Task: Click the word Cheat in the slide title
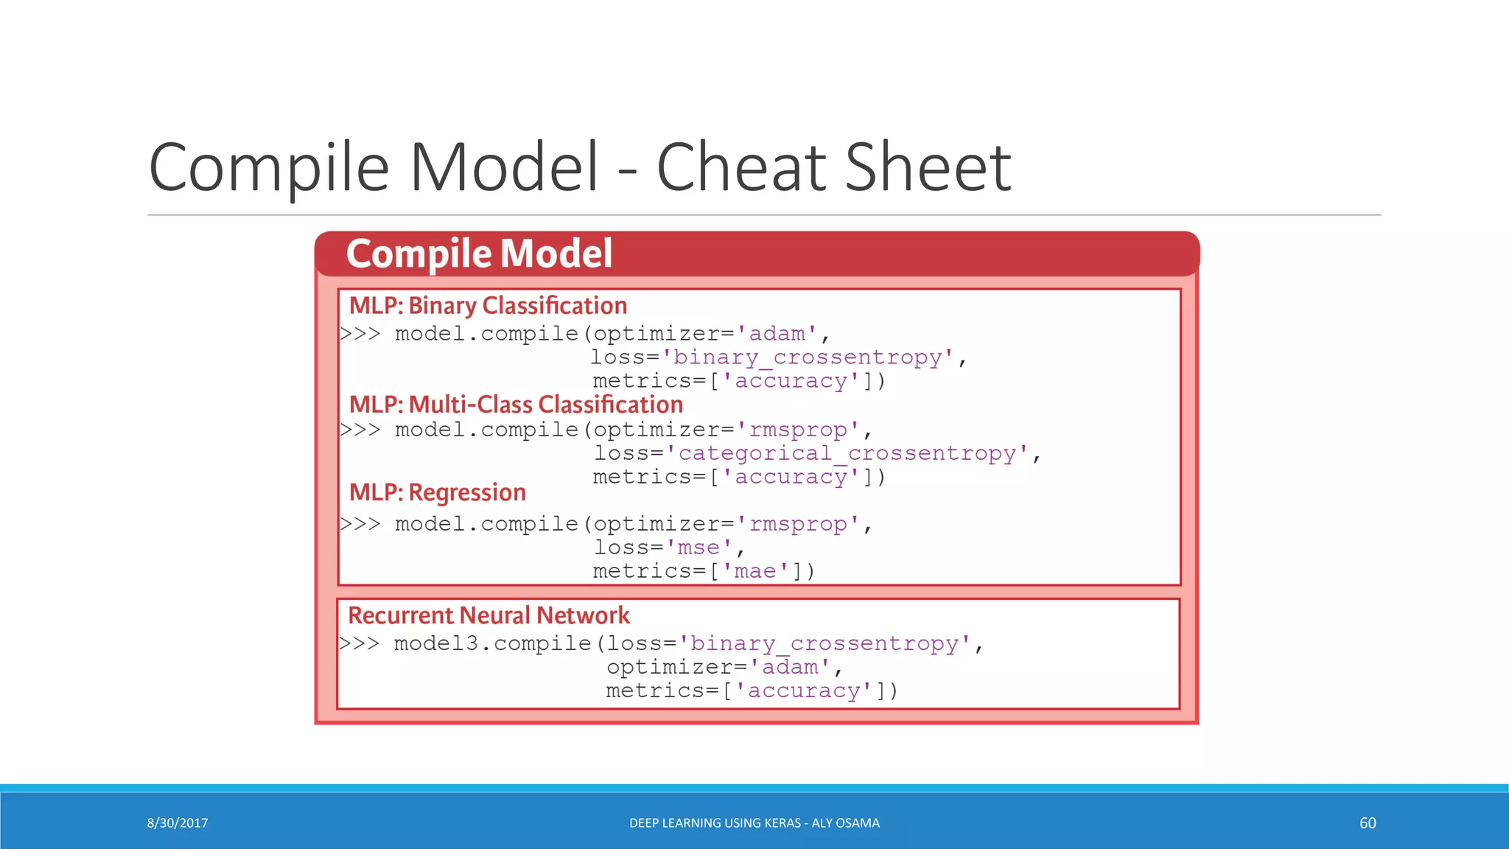(743, 168)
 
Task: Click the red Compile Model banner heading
(479, 254)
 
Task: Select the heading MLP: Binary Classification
(488, 306)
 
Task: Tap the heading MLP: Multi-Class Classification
(516, 405)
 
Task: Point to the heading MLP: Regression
(438, 492)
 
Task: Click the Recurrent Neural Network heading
(489, 615)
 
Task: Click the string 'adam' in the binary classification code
(777, 334)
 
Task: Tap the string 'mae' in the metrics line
(755, 571)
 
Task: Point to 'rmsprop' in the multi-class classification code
(798, 430)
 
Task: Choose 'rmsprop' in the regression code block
(798, 524)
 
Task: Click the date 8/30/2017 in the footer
(178, 823)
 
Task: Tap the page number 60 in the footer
(1368, 823)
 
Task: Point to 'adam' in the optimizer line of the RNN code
(790, 667)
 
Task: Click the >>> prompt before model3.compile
(360, 643)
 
